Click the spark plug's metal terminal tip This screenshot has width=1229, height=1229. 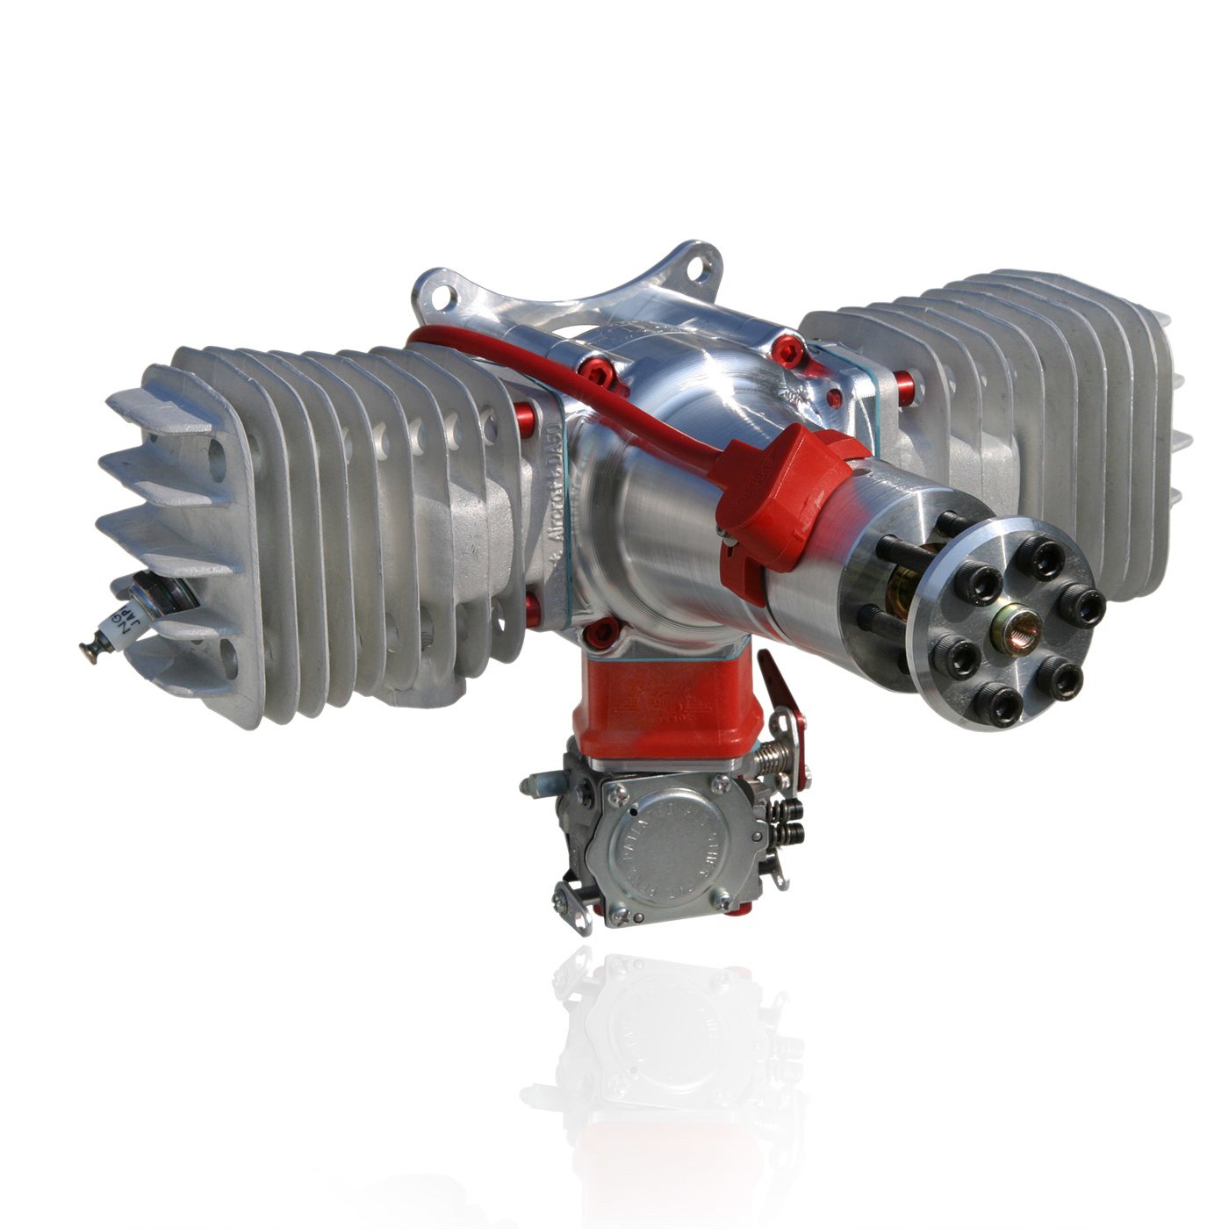coord(89,650)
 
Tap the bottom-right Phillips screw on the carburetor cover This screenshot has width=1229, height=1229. coord(722,897)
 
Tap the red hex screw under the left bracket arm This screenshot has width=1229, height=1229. coord(600,375)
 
